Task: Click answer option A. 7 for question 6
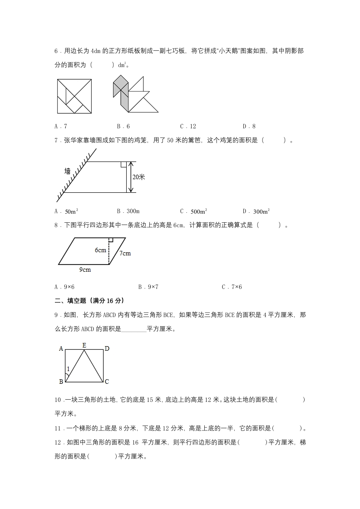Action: pos(60,126)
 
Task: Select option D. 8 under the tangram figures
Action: pos(249,126)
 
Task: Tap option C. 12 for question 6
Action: pos(188,126)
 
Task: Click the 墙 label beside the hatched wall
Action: pos(68,171)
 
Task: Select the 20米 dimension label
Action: pos(138,177)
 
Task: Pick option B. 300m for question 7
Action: pos(128,211)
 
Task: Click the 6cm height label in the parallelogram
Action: pos(100,250)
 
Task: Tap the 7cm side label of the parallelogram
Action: pos(124,253)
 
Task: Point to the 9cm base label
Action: pos(85,270)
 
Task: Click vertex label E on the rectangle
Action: pos(84,345)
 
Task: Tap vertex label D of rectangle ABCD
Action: pos(107,349)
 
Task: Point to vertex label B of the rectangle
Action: pos(61,382)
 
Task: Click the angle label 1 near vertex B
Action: pos(69,369)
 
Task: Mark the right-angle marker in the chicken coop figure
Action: pos(123,164)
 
